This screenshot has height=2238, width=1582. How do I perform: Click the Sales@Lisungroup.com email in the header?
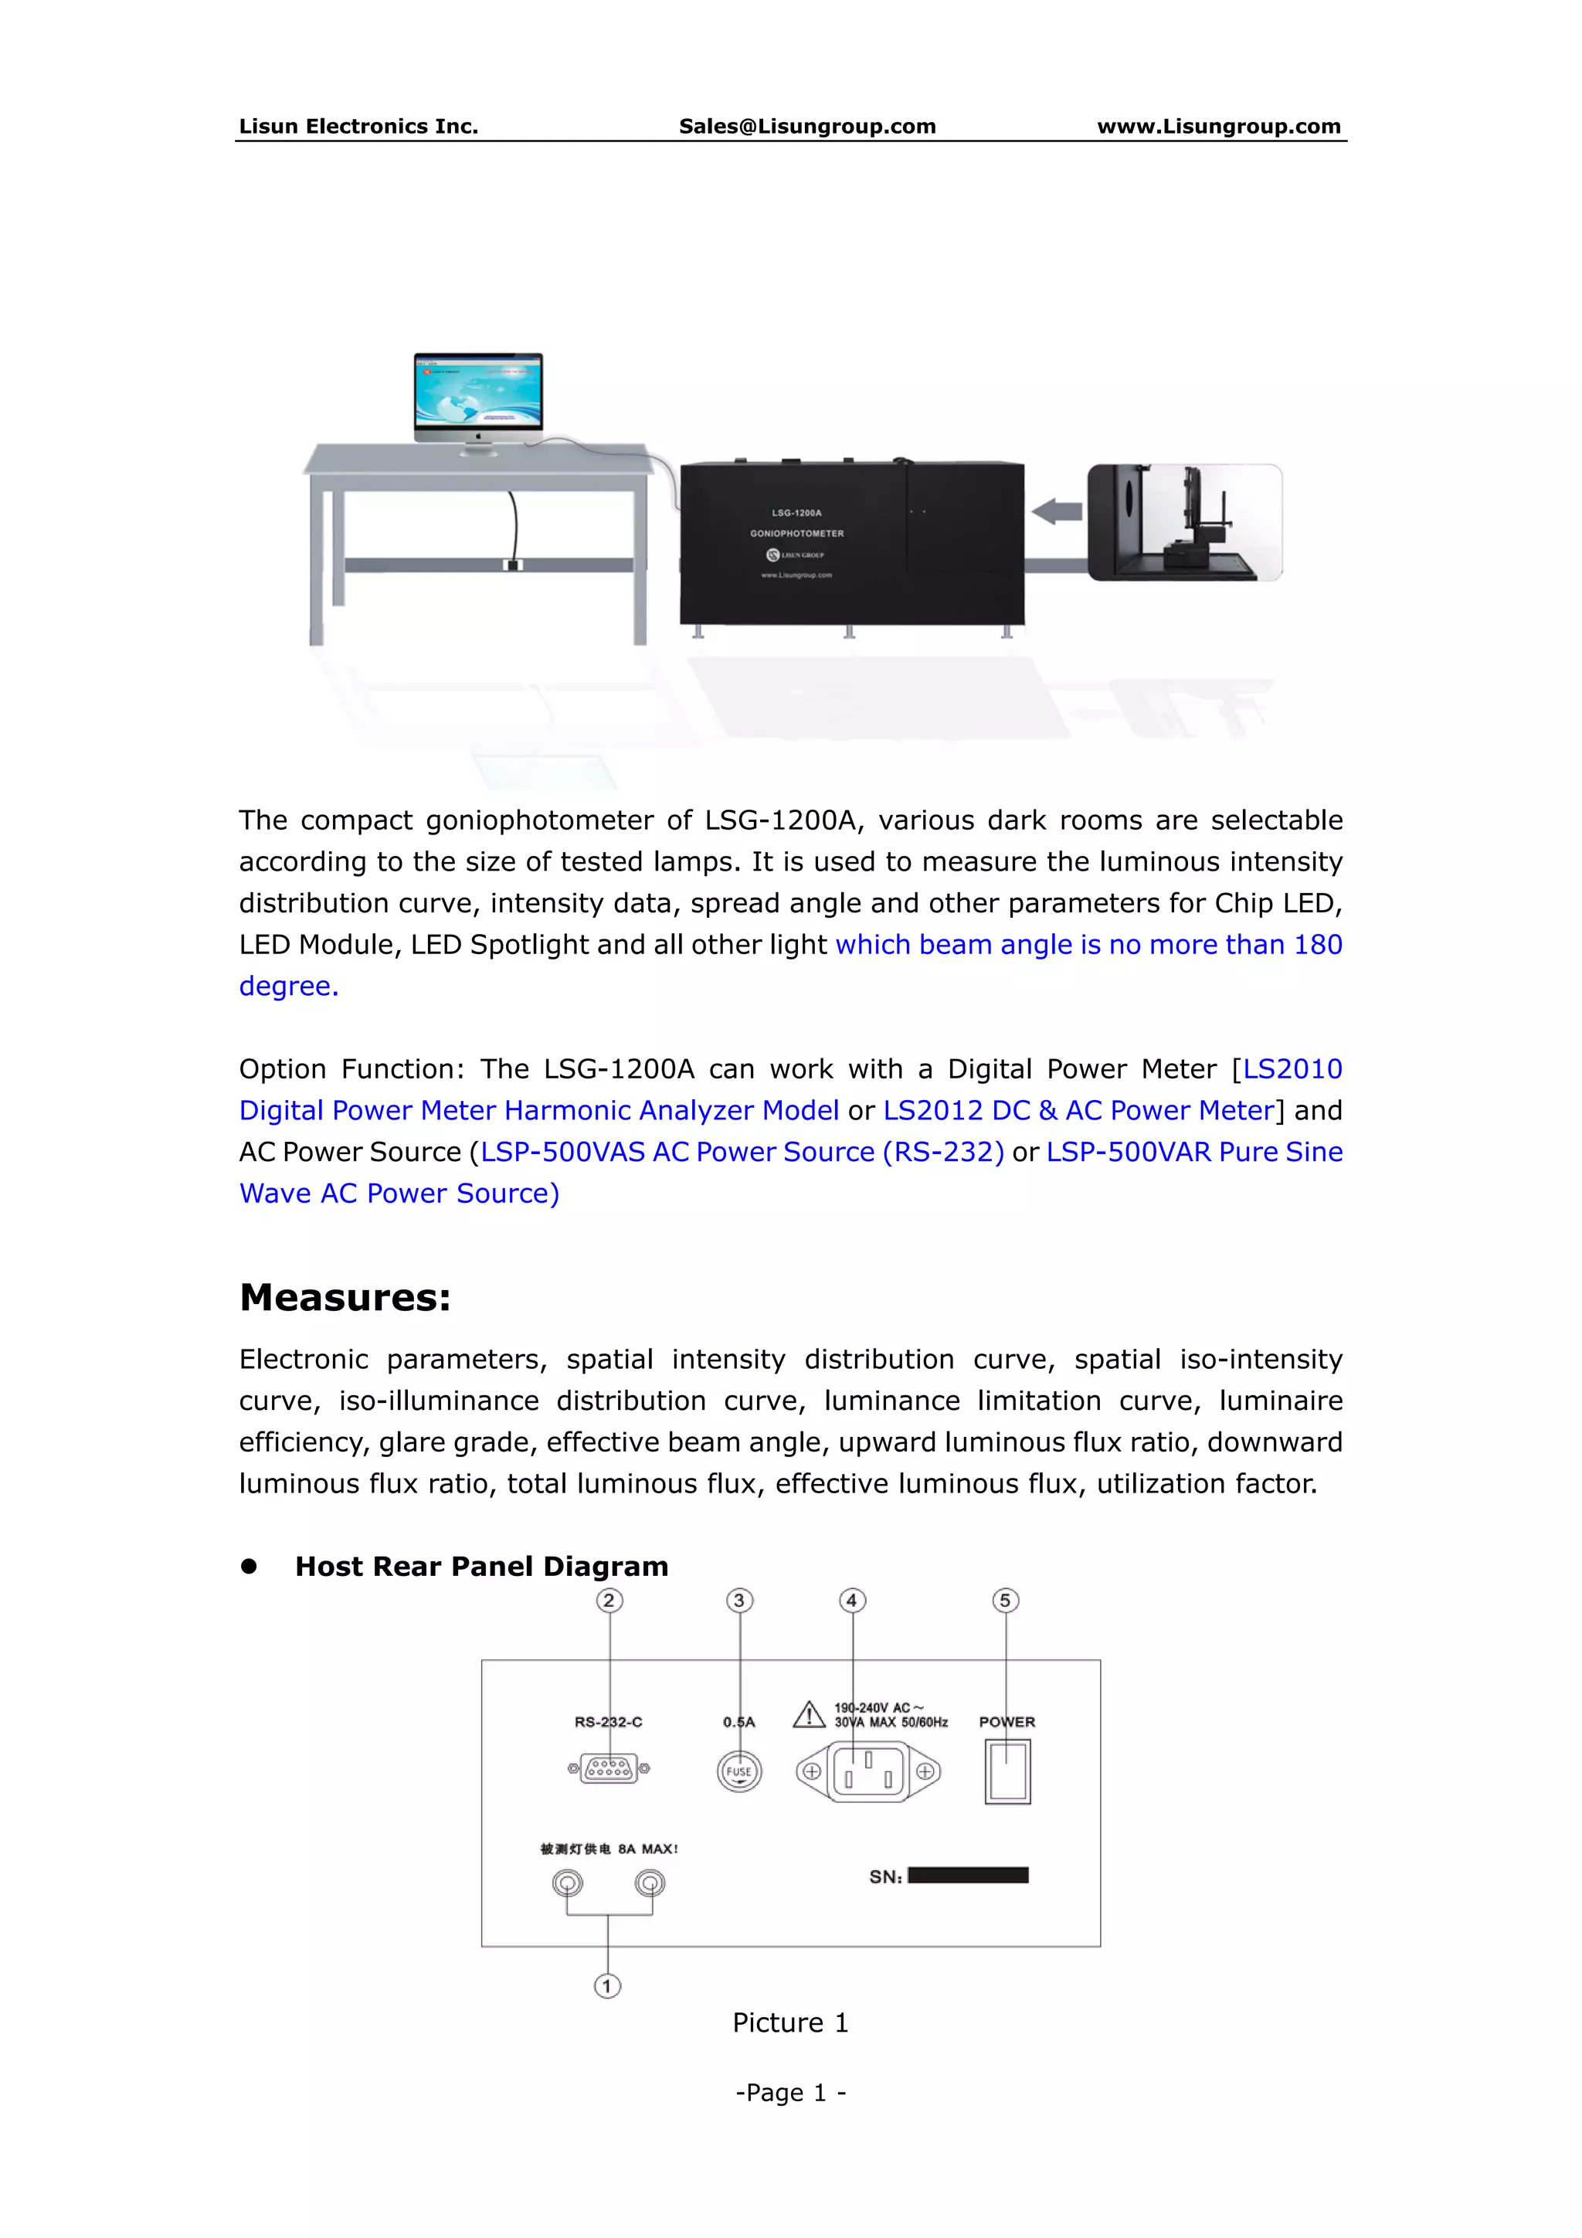tap(807, 126)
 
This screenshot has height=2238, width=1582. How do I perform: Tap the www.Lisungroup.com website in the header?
tap(1218, 126)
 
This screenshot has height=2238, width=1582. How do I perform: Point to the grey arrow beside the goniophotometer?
tap(1057, 511)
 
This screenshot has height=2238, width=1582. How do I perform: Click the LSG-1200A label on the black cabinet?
tap(796, 513)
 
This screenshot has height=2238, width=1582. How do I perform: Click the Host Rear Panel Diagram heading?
tap(481, 1567)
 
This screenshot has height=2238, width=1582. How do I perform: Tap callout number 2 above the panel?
tap(609, 1601)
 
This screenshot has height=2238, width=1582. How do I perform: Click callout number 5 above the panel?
tap(1005, 1601)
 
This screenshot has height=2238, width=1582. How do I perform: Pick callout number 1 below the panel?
tap(607, 1985)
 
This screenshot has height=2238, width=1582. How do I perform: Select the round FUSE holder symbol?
tap(738, 1771)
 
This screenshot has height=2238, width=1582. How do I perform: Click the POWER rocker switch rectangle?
tap(1007, 1772)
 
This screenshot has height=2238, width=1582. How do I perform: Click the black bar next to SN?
tap(968, 1876)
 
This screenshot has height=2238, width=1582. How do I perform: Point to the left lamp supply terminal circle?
tap(567, 1882)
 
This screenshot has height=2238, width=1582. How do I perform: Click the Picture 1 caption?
tap(790, 2022)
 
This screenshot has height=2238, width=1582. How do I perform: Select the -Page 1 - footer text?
tap(790, 2093)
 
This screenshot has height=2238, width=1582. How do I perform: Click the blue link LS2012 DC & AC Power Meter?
tap(1079, 1110)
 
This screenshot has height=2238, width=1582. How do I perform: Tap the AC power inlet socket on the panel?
tap(867, 1772)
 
